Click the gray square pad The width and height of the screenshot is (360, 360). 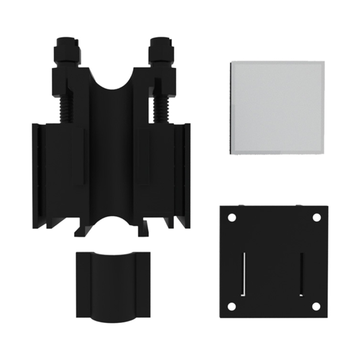277,108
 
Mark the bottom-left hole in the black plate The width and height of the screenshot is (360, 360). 232,306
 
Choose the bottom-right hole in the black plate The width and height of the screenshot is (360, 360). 316,306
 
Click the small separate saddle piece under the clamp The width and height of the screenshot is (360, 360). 113,284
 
